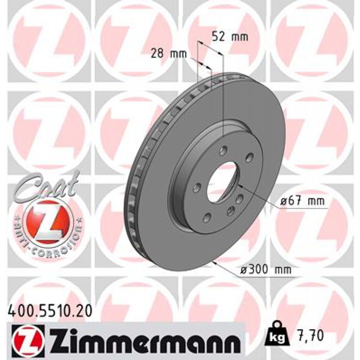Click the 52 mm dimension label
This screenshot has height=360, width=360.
pyautogui.click(x=230, y=37)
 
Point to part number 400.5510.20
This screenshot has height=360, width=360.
pyautogui.click(x=50, y=311)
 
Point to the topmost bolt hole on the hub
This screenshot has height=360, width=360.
pyautogui.click(x=222, y=152)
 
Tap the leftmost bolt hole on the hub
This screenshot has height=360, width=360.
pyautogui.click(x=197, y=186)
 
